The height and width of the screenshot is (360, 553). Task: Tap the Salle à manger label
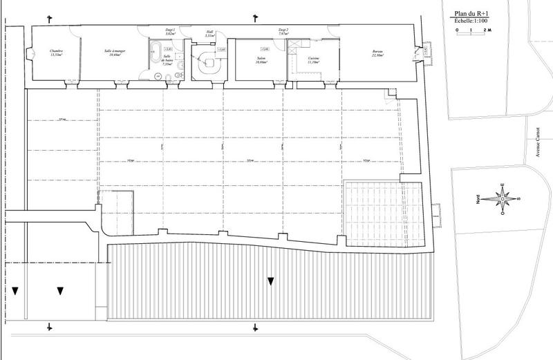pyautogui.click(x=113, y=52)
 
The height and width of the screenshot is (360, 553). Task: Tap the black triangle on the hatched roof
pyautogui.click(x=271, y=281)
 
